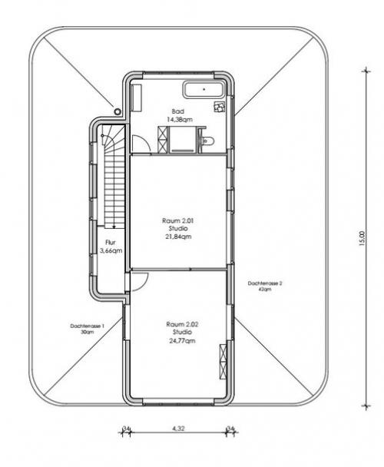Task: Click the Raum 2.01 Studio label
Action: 178,229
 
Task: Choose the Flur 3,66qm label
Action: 111,246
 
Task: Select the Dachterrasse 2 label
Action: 266,286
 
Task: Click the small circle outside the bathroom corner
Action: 118,111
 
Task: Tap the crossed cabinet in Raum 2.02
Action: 223,363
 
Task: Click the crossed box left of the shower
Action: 162,138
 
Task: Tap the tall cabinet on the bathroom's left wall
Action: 137,96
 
